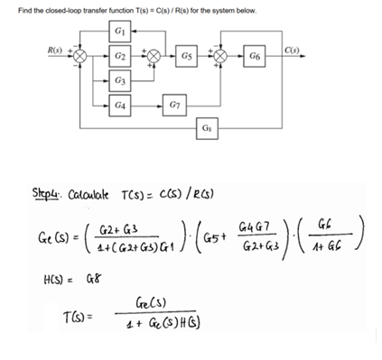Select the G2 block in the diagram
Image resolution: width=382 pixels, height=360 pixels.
click(121, 56)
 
